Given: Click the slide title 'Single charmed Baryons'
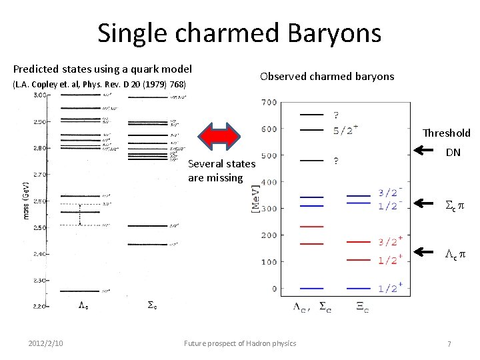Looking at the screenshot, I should point(239,33).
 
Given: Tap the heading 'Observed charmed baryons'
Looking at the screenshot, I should point(327,76).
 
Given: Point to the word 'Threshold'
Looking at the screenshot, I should point(447,133).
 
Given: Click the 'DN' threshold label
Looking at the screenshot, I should point(453,153).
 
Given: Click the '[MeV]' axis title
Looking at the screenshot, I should point(256,198).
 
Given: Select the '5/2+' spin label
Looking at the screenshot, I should point(347,130).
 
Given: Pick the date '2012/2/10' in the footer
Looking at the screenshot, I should point(47,343).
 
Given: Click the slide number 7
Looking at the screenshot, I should point(449,343).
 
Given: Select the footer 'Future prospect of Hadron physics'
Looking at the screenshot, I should point(240,343).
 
